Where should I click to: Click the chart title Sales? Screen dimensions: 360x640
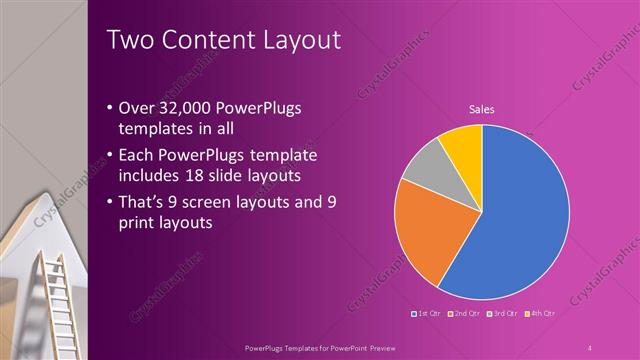[482, 109]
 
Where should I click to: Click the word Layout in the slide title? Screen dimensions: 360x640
[297, 40]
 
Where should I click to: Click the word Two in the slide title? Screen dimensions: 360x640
[130, 40]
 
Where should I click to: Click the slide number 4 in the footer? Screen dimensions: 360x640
[590, 346]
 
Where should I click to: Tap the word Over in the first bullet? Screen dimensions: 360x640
[137, 109]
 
